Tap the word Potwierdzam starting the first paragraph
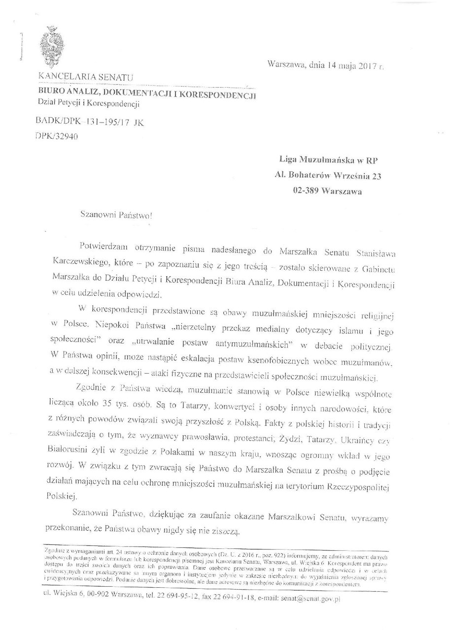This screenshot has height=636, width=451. (x=102, y=245)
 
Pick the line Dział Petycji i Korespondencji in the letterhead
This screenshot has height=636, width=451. (x=89, y=103)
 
